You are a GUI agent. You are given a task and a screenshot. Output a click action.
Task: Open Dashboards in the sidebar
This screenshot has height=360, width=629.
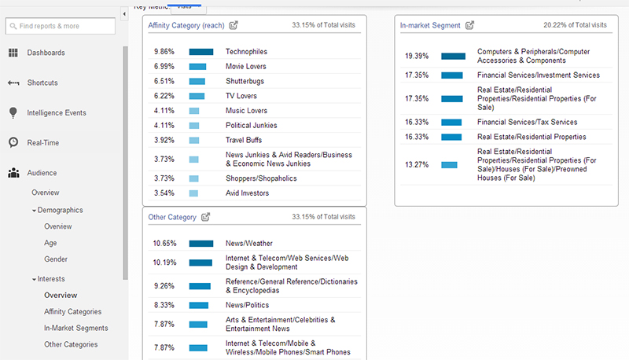(46, 53)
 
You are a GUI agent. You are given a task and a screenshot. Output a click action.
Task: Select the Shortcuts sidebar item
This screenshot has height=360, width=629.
(42, 83)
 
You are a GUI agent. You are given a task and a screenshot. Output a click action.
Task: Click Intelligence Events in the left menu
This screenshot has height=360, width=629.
(57, 112)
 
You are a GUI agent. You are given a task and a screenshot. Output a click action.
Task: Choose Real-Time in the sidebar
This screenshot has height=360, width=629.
(42, 142)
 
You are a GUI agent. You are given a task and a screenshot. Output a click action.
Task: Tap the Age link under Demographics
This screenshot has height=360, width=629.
(50, 243)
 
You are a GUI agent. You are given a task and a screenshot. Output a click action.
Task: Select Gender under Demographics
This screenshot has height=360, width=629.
(55, 259)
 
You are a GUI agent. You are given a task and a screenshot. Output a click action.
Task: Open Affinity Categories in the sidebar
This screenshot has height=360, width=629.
(72, 312)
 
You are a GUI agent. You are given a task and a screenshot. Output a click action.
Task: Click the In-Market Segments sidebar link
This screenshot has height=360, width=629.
(75, 328)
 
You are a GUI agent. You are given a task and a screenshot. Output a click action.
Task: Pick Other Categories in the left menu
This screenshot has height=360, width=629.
(71, 344)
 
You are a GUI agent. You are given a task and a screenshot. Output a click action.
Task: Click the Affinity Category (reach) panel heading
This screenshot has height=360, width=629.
(186, 26)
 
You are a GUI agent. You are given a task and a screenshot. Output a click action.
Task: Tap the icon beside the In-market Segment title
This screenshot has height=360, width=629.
(470, 26)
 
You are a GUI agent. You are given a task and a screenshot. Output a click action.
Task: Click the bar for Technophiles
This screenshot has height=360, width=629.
(201, 52)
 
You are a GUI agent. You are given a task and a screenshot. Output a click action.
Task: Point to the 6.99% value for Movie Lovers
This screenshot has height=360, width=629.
(164, 66)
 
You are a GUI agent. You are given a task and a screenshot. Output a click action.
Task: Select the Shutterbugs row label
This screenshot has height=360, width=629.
(245, 81)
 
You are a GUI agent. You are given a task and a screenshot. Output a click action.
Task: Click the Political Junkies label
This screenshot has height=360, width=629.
(250, 126)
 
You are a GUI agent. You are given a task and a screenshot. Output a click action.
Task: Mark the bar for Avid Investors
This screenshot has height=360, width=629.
(193, 193)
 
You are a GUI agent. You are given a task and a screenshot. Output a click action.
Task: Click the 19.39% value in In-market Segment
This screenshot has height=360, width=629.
(416, 57)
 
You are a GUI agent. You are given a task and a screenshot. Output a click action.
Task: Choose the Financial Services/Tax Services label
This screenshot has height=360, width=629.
(527, 122)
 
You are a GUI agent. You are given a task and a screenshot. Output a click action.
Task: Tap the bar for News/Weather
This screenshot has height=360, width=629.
(201, 244)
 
